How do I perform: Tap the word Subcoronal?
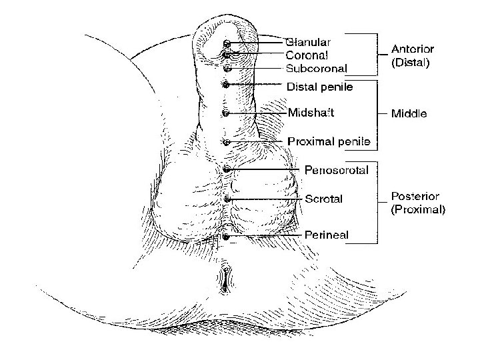coord(317,68)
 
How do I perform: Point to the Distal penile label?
coord(320,86)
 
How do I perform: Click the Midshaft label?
coord(311,112)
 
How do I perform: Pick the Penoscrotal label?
coord(336,170)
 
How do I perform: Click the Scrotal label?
coord(323,199)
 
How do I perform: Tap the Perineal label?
coord(327,234)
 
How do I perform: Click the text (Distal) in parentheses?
coord(410,65)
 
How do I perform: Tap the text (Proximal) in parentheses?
coord(418,209)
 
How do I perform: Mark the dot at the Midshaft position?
coord(226,113)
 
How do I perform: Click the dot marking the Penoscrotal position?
coord(227,170)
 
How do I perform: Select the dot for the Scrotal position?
coord(227,199)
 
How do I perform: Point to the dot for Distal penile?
coord(226,85)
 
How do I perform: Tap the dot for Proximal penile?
coord(226,142)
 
